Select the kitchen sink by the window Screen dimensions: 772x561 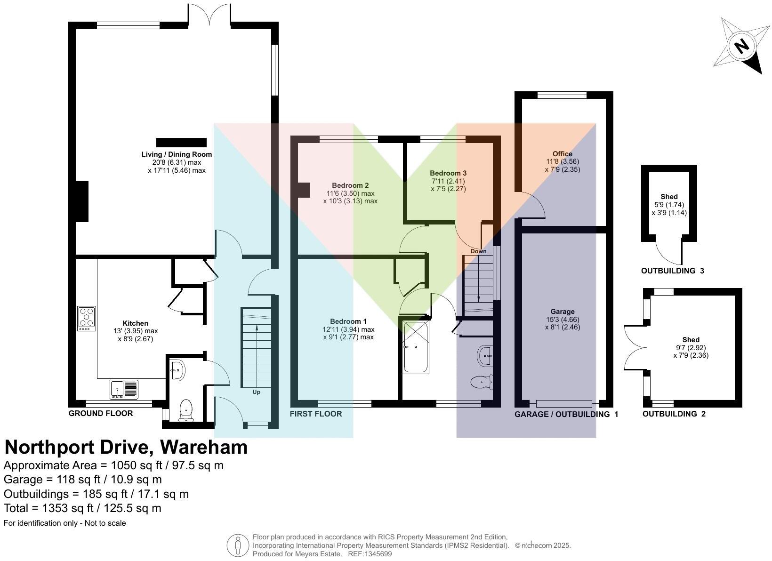point(124,389)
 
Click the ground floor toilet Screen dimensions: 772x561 point(186,410)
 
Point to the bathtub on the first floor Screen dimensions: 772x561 point(416,347)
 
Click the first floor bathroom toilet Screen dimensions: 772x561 point(482,382)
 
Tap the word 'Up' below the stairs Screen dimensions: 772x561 point(257,392)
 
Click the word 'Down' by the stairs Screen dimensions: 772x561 point(478,251)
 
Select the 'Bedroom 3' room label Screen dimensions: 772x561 point(448,173)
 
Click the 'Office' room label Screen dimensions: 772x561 point(563,154)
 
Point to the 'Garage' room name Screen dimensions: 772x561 point(563,312)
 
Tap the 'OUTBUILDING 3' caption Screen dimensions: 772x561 point(672,271)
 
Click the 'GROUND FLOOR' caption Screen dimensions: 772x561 point(101,413)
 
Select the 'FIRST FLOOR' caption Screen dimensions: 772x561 point(316,414)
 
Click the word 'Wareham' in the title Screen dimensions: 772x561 point(204,447)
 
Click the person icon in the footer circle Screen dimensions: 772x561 point(237,545)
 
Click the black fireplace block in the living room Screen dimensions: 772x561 point(181,142)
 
